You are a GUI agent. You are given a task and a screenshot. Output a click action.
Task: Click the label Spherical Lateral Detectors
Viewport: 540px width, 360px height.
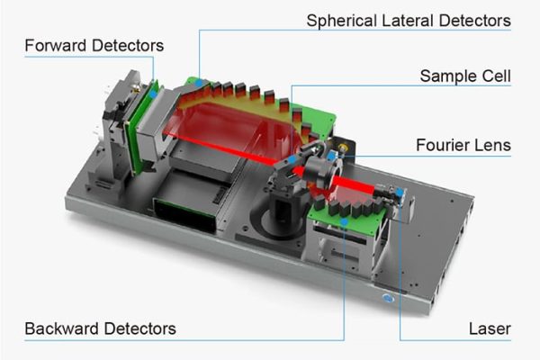[x=409, y=19]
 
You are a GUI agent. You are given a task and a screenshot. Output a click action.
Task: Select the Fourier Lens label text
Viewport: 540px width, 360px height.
[x=463, y=144]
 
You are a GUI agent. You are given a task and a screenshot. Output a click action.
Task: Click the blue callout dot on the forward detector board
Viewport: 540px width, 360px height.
[x=154, y=91]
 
